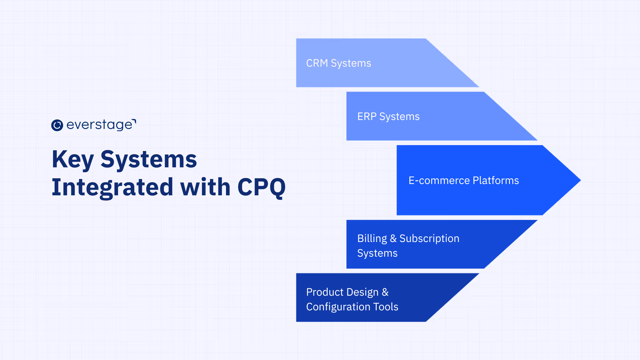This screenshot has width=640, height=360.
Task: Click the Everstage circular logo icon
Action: pyautogui.click(x=57, y=125)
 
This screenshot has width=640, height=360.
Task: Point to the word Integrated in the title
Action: pyautogui.click(x=112, y=188)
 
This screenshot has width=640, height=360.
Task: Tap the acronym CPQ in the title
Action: pyautogui.click(x=262, y=188)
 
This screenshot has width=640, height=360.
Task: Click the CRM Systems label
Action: pyautogui.click(x=339, y=63)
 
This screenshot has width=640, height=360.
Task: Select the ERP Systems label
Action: pyautogui.click(x=388, y=117)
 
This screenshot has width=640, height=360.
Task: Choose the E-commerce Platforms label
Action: pyautogui.click(x=464, y=180)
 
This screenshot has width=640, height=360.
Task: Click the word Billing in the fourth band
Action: pyautogui.click(x=372, y=239)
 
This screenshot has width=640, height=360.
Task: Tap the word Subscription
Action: pyautogui.click(x=429, y=239)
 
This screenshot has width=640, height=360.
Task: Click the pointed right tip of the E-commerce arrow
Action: pyautogui.click(x=580, y=180)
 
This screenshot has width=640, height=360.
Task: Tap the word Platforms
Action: pyautogui.click(x=496, y=180)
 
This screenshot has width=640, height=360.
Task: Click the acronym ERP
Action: pyautogui.click(x=367, y=117)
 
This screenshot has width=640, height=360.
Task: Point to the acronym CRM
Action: pyautogui.click(x=317, y=63)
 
